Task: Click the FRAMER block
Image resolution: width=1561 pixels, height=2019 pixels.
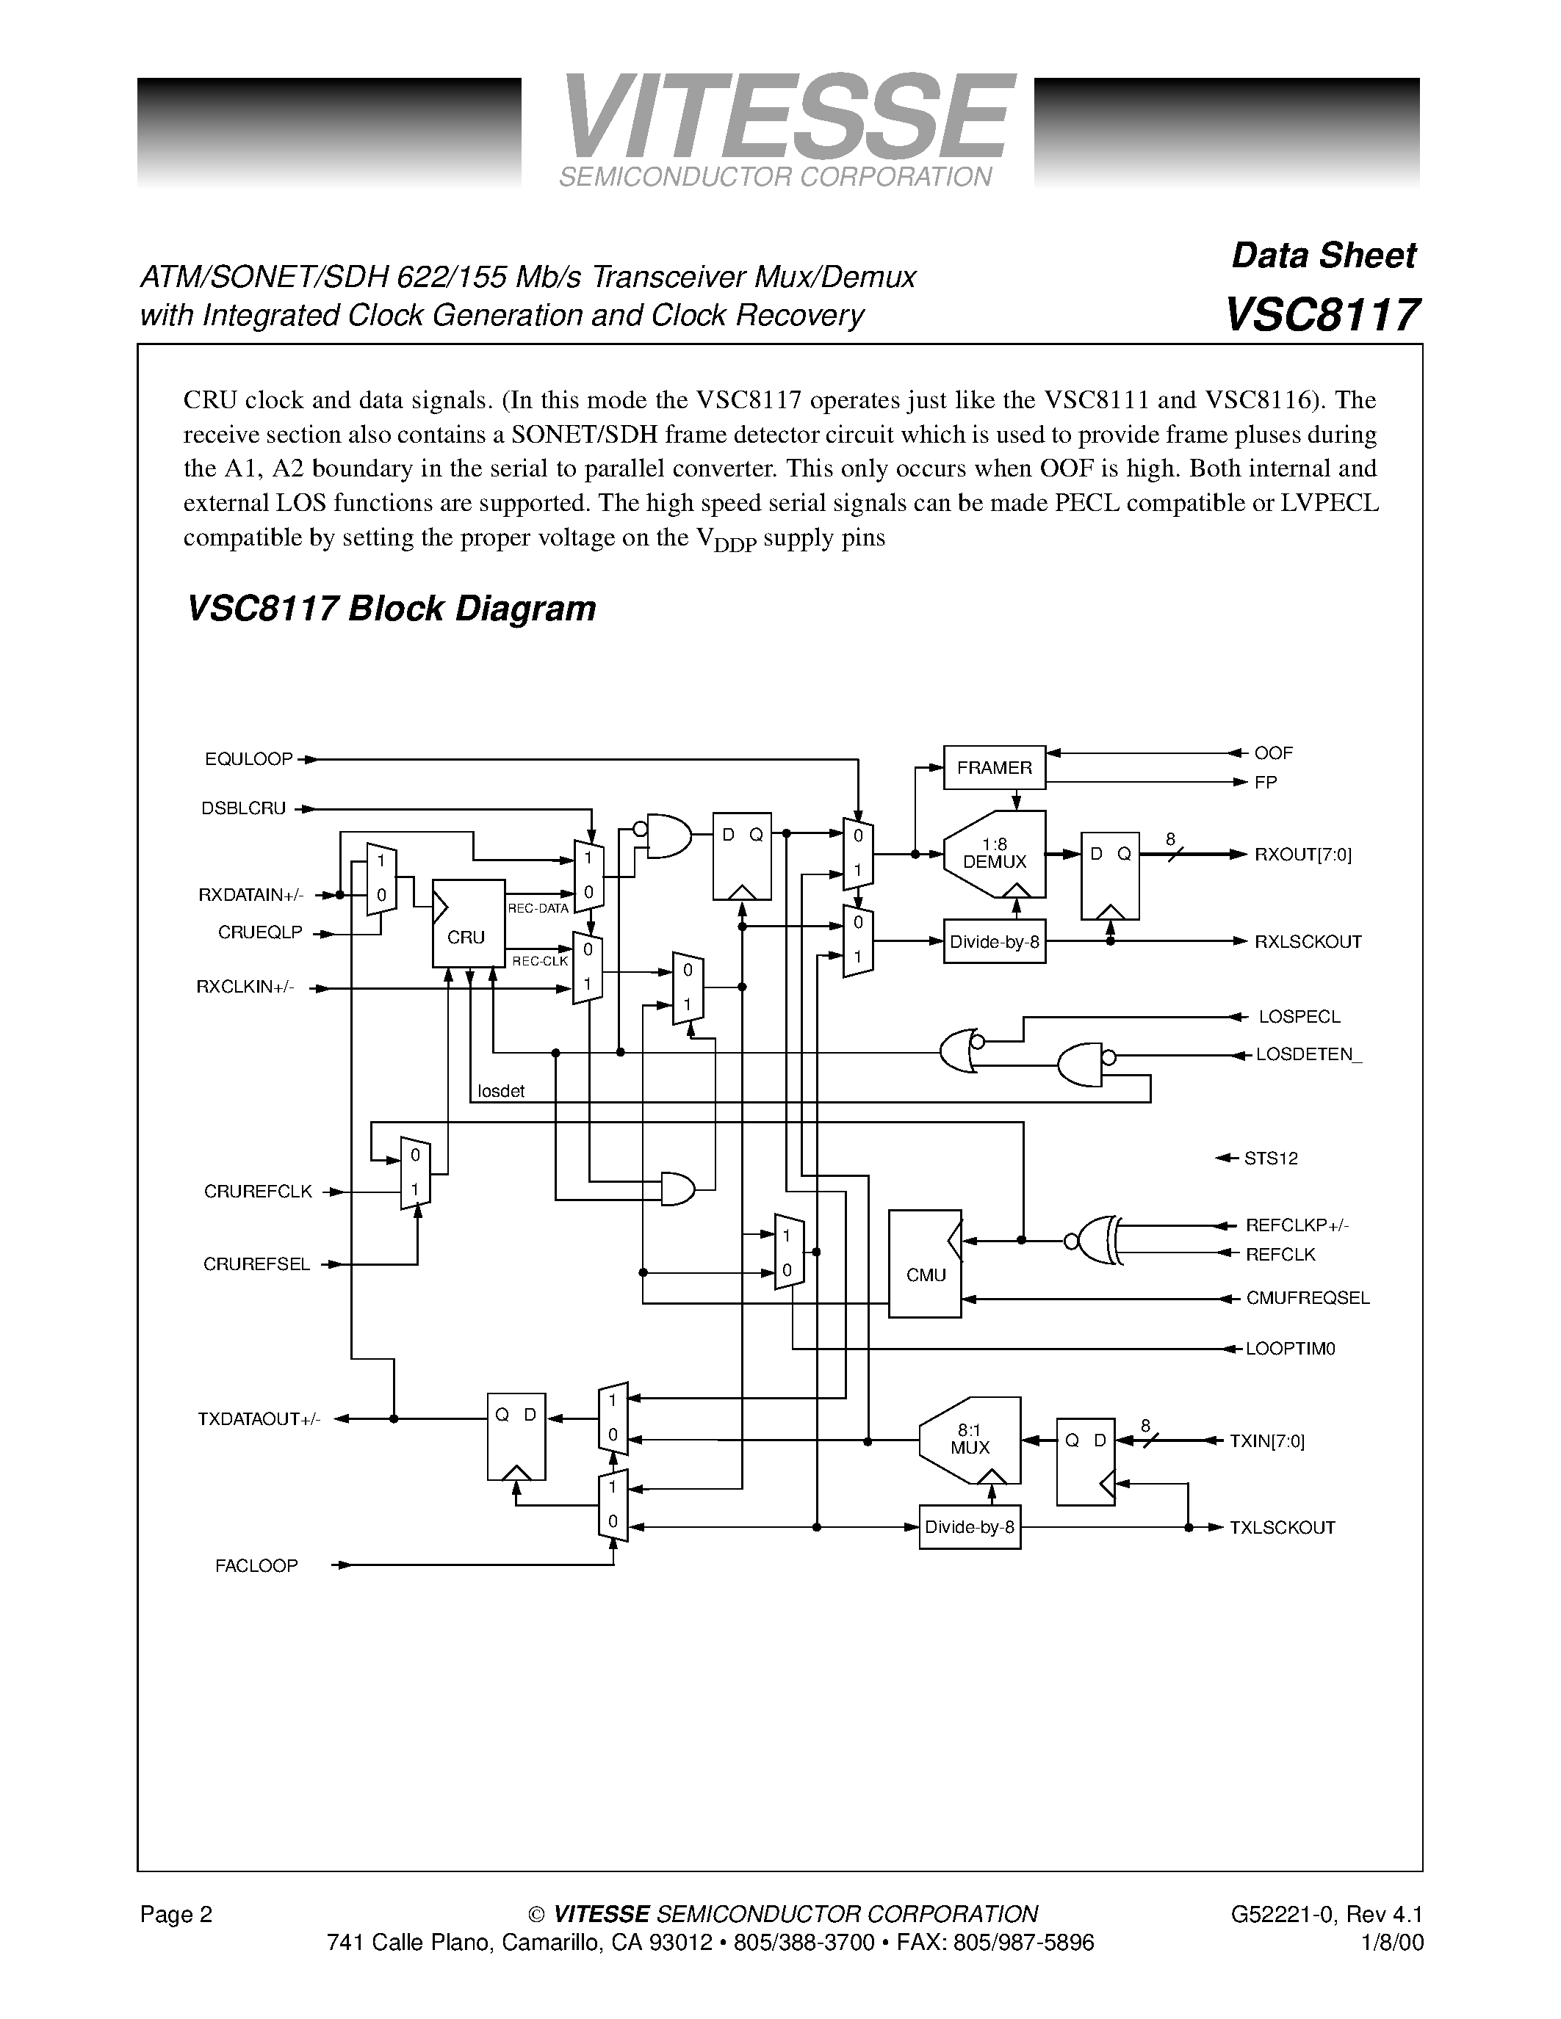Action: tap(994, 767)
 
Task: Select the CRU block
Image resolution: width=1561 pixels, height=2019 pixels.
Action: tap(468, 924)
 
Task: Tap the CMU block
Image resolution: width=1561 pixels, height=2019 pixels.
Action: tap(925, 1264)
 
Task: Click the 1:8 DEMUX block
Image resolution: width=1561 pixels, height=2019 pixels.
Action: tap(994, 854)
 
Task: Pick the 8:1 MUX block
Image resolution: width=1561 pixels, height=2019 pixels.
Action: tap(970, 1440)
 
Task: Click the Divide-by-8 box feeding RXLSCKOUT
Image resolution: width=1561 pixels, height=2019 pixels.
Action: tap(994, 941)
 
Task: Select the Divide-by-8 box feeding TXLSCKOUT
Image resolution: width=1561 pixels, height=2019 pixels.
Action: tap(969, 1527)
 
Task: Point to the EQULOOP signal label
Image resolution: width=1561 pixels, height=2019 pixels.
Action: tap(248, 759)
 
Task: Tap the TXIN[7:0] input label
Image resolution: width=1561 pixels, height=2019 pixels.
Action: tap(1266, 1440)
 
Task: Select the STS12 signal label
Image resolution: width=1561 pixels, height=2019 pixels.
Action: tap(1271, 1159)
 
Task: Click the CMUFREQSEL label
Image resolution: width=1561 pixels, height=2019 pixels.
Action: tap(1307, 1298)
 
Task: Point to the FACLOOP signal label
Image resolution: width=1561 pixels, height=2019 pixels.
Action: tap(256, 1566)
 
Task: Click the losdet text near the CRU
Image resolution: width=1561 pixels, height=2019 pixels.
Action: tap(500, 1091)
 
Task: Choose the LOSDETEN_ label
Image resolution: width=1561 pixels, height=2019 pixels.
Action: tap(1308, 1055)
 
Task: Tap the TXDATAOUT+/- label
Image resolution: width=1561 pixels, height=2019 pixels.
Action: tap(259, 1419)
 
